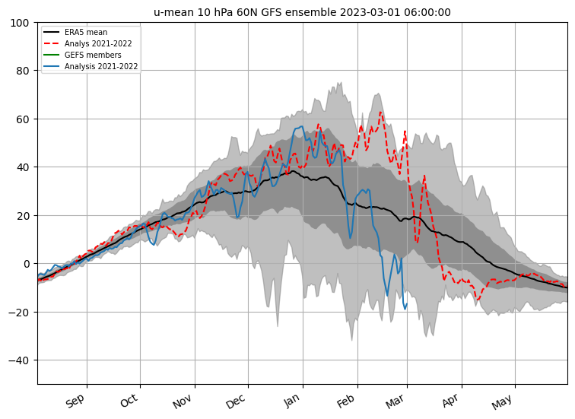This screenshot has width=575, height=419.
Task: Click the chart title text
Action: [x=302, y=12]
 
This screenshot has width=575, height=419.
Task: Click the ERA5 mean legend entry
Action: [x=85, y=33]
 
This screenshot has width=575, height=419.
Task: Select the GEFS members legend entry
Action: [x=92, y=56]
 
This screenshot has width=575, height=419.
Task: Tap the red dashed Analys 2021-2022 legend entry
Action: [x=97, y=44]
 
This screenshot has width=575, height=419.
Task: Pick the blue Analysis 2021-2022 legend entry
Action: [x=100, y=67]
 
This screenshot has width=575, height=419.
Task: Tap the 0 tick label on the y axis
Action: [x=26, y=264]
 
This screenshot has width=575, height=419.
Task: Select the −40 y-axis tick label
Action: [x=19, y=360]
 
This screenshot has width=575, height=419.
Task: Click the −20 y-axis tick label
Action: [x=19, y=312]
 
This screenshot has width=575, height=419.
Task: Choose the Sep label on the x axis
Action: [x=75, y=401]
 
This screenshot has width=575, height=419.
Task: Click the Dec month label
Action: [x=236, y=401]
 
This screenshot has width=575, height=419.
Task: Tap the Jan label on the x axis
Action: [x=292, y=401]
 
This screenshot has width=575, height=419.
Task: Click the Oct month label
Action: [x=129, y=401]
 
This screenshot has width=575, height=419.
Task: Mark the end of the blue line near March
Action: [x=407, y=304]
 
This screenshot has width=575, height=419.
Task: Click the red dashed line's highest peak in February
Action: [x=380, y=113]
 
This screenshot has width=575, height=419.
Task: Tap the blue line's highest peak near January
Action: [x=302, y=126]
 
